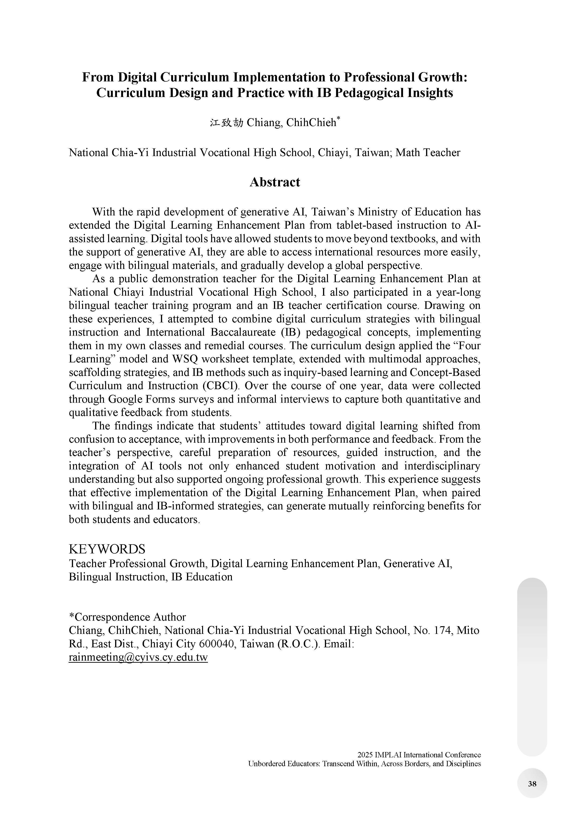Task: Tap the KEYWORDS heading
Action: [x=107, y=549]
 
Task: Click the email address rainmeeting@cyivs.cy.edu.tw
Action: [x=138, y=658]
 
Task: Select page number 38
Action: [x=532, y=784]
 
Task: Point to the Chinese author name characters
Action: [x=226, y=123]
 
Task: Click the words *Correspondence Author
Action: [x=127, y=617]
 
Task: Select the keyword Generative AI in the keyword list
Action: [x=417, y=564]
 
